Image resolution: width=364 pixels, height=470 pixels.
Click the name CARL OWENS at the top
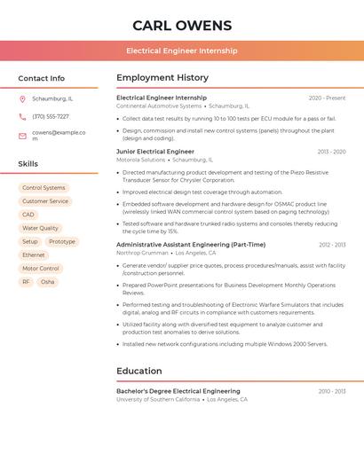point(182,26)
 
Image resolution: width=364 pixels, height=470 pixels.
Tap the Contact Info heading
point(41,78)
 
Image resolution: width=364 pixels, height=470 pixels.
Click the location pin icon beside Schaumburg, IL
point(22,98)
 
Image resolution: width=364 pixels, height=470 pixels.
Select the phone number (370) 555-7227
point(51,116)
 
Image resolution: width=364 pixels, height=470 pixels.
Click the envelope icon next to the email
point(22,136)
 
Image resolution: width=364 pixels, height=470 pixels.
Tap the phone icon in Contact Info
point(22,116)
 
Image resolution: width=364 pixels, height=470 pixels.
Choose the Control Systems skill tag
point(44,188)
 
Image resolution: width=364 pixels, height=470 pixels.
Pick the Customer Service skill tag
point(45,201)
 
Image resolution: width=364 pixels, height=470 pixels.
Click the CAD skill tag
point(28,215)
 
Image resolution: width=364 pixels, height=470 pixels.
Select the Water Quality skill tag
point(40,228)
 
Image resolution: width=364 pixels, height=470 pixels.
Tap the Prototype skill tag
point(62,241)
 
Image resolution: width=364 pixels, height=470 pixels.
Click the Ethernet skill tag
point(34,255)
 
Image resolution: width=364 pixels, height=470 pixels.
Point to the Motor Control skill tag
point(41,268)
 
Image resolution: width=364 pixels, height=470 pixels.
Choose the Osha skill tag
point(48,282)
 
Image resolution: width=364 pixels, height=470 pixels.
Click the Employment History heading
point(162,78)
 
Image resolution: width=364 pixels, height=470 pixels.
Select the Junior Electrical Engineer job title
point(155,152)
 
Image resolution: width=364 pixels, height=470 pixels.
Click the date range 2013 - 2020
point(331,152)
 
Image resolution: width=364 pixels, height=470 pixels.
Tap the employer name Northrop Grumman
point(141,253)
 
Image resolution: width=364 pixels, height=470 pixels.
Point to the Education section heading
point(139,371)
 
